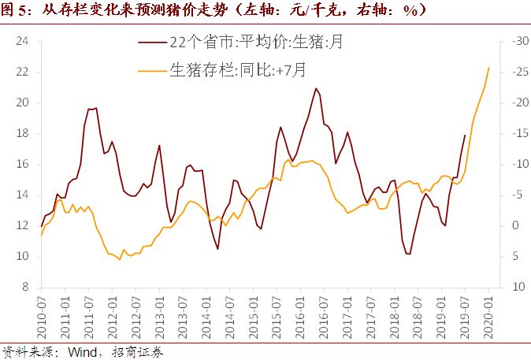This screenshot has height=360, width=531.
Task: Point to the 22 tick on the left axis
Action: coord(22,72)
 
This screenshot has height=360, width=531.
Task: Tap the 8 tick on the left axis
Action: coord(25,288)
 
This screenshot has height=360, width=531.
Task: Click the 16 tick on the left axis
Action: coord(22,164)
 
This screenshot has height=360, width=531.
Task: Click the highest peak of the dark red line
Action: coord(315,88)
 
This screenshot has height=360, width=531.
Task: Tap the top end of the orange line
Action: coord(488,68)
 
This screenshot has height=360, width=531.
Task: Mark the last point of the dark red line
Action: coord(465,135)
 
